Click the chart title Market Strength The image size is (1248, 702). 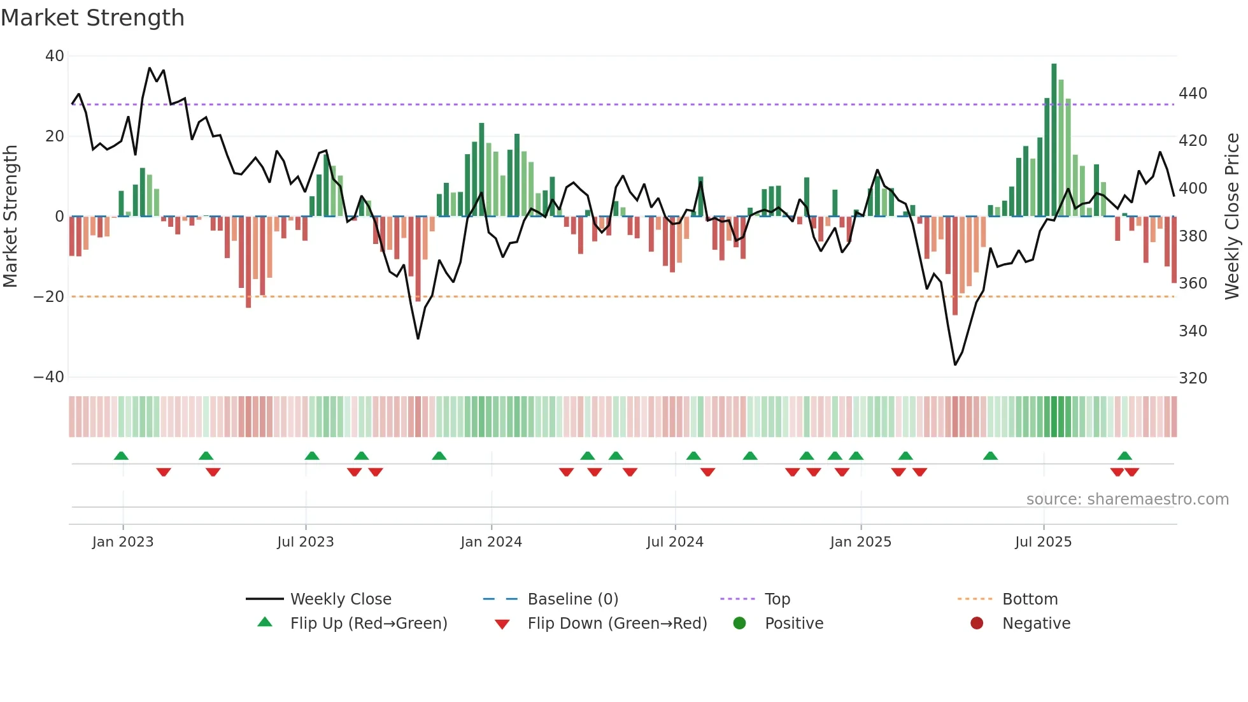pos(92,18)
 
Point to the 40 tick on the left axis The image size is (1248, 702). pos(54,56)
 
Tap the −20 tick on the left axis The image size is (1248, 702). pos(49,297)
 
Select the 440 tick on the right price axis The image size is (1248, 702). pos(1193,94)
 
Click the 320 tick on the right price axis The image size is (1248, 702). pos(1193,378)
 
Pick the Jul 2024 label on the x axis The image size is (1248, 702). pos(674,542)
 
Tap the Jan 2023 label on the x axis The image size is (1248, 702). pos(123,542)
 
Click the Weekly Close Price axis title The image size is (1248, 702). pos(1232,217)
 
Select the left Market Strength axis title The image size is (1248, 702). pos(11,217)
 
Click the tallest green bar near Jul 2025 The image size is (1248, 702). pos(1054,140)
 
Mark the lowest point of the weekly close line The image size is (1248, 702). pos(955,364)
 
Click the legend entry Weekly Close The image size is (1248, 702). pos(340,599)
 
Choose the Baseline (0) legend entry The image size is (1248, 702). pos(572,599)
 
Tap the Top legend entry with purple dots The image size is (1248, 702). pos(777,599)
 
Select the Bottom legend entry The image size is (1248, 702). pos(1030,599)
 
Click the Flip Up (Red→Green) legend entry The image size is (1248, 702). pos(368,624)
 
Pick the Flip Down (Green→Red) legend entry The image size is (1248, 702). pos(616,624)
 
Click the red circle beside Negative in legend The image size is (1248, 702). pos(977,624)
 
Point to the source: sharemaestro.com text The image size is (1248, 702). pos(1127,499)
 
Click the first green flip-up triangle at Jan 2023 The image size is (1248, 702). pos(121,455)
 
